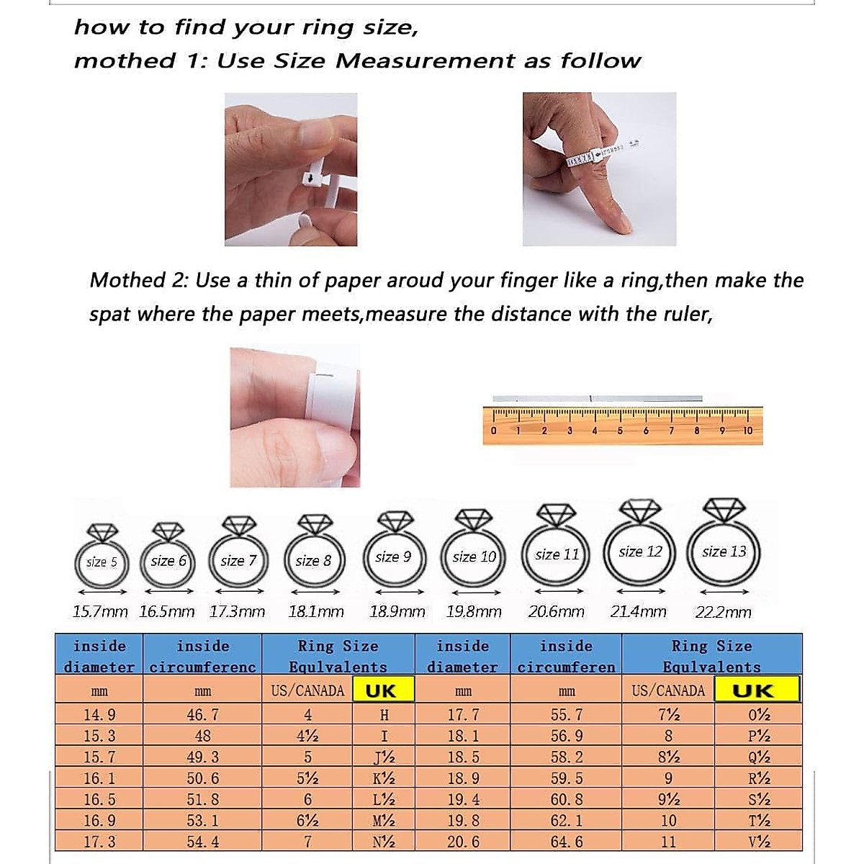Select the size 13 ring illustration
point(724,544)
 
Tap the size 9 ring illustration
point(393,551)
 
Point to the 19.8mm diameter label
point(474,612)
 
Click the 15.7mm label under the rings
point(100,612)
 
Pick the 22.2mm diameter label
point(723,612)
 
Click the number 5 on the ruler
point(620,431)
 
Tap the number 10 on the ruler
point(747,431)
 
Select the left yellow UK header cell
point(380,690)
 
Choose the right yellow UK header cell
point(756,690)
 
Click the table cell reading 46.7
point(202,715)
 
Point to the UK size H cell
point(384,715)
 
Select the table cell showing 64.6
point(567,842)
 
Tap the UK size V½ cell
point(759,842)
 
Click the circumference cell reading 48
point(202,736)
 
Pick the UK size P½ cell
point(759,736)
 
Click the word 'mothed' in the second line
point(125,61)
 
